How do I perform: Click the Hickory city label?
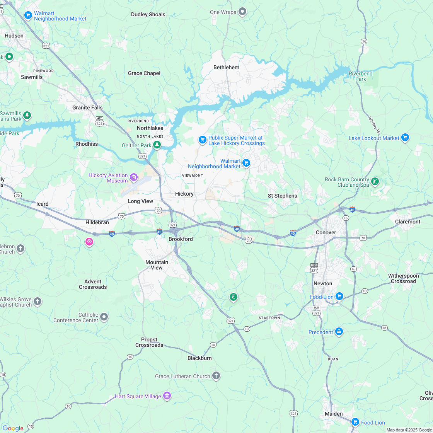[x=184, y=194]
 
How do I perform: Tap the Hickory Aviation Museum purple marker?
[x=134, y=178]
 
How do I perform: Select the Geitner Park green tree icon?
[x=157, y=145]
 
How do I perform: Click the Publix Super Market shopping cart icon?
[x=202, y=140]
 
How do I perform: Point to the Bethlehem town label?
[x=226, y=67]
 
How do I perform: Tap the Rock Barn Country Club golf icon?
[x=375, y=181]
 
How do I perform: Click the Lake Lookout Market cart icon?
[x=405, y=138]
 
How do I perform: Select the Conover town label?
[x=326, y=232]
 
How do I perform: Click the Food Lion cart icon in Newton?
[x=339, y=297]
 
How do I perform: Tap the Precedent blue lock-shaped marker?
[x=339, y=332]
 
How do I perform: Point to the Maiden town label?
[x=333, y=414]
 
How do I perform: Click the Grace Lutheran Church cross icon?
[x=216, y=376]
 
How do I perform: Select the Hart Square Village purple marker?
[x=167, y=396]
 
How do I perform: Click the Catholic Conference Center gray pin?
[x=104, y=317]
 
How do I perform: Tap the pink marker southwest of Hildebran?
[x=89, y=242]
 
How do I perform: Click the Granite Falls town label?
[x=87, y=108]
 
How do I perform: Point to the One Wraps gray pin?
[x=242, y=12]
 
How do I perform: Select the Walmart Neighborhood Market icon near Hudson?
[x=28, y=15]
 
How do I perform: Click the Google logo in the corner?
[x=13, y=428]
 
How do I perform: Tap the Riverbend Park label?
[x=360, y=76]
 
